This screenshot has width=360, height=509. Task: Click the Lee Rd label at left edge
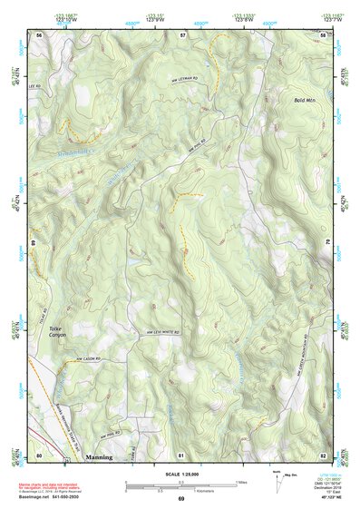coord(38,84)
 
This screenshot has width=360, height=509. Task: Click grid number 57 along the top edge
coord(181,34)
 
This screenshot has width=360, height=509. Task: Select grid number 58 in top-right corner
coord(322,34)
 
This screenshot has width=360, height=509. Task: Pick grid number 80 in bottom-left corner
coord(39,455)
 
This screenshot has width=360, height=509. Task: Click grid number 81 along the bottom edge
coord(181,455)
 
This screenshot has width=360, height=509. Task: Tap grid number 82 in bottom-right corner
coord(322,455)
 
